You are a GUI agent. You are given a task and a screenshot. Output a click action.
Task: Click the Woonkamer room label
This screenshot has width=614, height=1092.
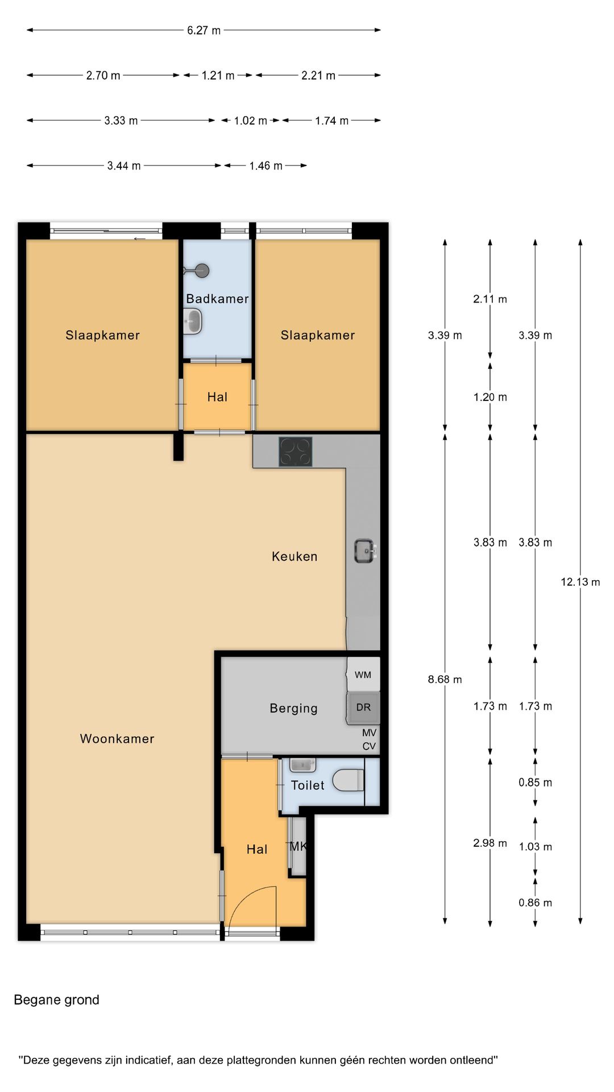click(117, 739)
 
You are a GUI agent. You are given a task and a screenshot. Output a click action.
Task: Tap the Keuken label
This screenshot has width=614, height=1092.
click(294, 556)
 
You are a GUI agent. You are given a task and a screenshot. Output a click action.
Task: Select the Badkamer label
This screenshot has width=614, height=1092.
click(217, 299)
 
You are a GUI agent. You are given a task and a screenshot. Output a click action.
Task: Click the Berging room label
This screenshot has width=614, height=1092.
click(293, 708)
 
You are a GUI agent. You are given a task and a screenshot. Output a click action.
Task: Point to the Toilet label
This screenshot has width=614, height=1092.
click(308, 785)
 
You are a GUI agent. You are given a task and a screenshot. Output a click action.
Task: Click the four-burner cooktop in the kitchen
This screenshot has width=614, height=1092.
click(296, 452)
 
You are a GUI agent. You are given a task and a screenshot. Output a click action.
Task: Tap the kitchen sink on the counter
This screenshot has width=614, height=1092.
click(365, 551)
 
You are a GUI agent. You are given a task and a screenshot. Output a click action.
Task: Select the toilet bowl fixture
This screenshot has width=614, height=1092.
click(348, 780)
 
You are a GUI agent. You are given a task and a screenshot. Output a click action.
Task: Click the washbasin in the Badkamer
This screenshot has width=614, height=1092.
click(193, 321)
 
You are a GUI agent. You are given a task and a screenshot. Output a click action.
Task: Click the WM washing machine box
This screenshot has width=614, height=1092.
click(363, 675)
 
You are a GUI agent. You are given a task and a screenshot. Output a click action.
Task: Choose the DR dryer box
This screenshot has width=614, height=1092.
click(363, 708)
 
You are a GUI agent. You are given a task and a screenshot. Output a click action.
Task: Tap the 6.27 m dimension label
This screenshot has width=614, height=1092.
click(204, 30)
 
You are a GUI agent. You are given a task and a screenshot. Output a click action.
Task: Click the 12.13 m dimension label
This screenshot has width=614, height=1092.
click(580, 582)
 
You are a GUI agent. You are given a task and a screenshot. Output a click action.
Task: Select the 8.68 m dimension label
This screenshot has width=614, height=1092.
click(445, 679)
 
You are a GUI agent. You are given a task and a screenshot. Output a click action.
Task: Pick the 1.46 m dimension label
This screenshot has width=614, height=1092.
click(265, 166)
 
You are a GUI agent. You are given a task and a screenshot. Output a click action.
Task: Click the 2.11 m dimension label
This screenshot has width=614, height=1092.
click(490, 299)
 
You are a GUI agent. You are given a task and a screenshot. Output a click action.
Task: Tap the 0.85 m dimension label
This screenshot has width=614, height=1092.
click(535, 783)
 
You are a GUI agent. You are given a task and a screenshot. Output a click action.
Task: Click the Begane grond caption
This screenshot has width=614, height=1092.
click(56, 1000)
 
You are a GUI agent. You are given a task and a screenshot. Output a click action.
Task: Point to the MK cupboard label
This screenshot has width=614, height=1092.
click(298, 846)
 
